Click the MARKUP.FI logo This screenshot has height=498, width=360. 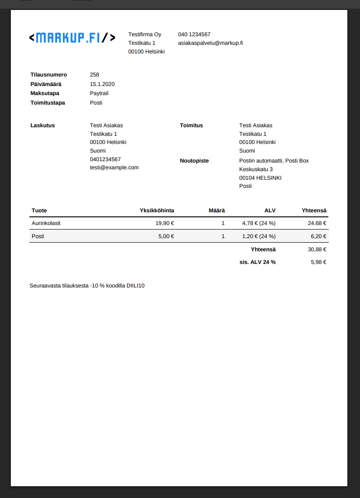72,38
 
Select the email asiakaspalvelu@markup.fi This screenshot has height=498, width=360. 210,43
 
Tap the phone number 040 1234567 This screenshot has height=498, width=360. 194,34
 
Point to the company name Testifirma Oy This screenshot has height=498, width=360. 144,34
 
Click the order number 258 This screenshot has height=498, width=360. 94,75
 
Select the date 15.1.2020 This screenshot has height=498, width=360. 102,84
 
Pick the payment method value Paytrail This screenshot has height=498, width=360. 99,93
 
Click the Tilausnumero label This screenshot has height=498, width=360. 48,75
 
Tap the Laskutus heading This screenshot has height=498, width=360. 43,125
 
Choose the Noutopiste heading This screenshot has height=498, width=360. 194,161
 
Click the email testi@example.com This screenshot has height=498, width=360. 114,168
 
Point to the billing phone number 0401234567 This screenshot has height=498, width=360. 105,159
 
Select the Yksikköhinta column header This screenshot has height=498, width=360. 157,211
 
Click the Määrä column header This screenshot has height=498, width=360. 216,211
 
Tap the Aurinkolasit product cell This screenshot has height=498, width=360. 46,223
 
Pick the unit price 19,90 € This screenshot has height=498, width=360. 164,223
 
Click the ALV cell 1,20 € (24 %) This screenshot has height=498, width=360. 259,236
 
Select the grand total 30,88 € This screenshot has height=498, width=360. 317,249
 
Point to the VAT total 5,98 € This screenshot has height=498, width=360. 318,262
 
